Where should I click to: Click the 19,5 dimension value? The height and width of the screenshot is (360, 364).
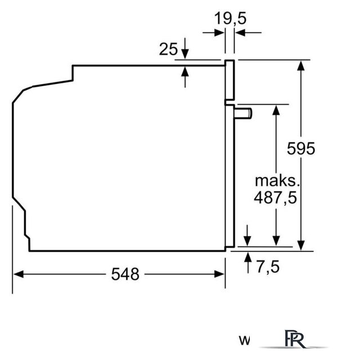click(230, 18)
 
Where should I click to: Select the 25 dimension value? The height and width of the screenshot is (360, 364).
click(168, 49)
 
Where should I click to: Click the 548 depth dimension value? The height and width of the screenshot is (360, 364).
click(125, 274)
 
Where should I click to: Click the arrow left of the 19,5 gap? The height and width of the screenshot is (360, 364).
click(219, 33)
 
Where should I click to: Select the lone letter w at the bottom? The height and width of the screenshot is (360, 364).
click(244, 340)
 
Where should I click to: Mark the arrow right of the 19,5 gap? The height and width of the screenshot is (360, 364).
click(241, 33)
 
